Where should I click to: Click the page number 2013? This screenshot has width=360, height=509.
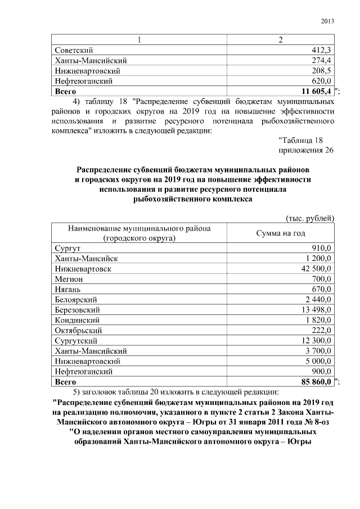(x=327, y=21)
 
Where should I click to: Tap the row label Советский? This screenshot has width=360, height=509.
(x=74, y=51)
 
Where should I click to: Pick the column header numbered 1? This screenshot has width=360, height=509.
(x=139, y=40)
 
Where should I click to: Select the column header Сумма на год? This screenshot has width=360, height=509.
(x=281, y=233)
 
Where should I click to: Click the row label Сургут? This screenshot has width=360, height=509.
(x=67, y=249)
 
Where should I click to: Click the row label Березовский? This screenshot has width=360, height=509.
(x=78, y=309)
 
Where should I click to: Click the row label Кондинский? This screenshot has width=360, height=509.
(x=76, y=320)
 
